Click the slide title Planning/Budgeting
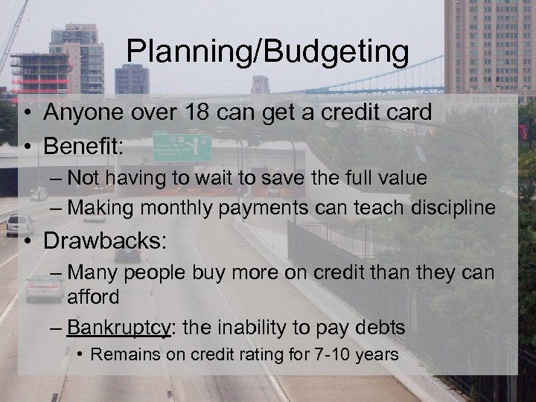(267, 52)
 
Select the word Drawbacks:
(103, 242)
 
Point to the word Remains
(122, 355)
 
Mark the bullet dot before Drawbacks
(26, 242)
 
